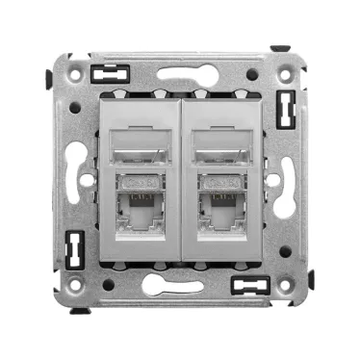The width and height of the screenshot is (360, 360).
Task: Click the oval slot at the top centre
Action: pos(180,72)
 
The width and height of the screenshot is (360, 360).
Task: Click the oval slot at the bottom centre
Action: pos(180,287)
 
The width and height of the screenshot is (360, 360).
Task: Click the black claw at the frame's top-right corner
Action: pos(279,49)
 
